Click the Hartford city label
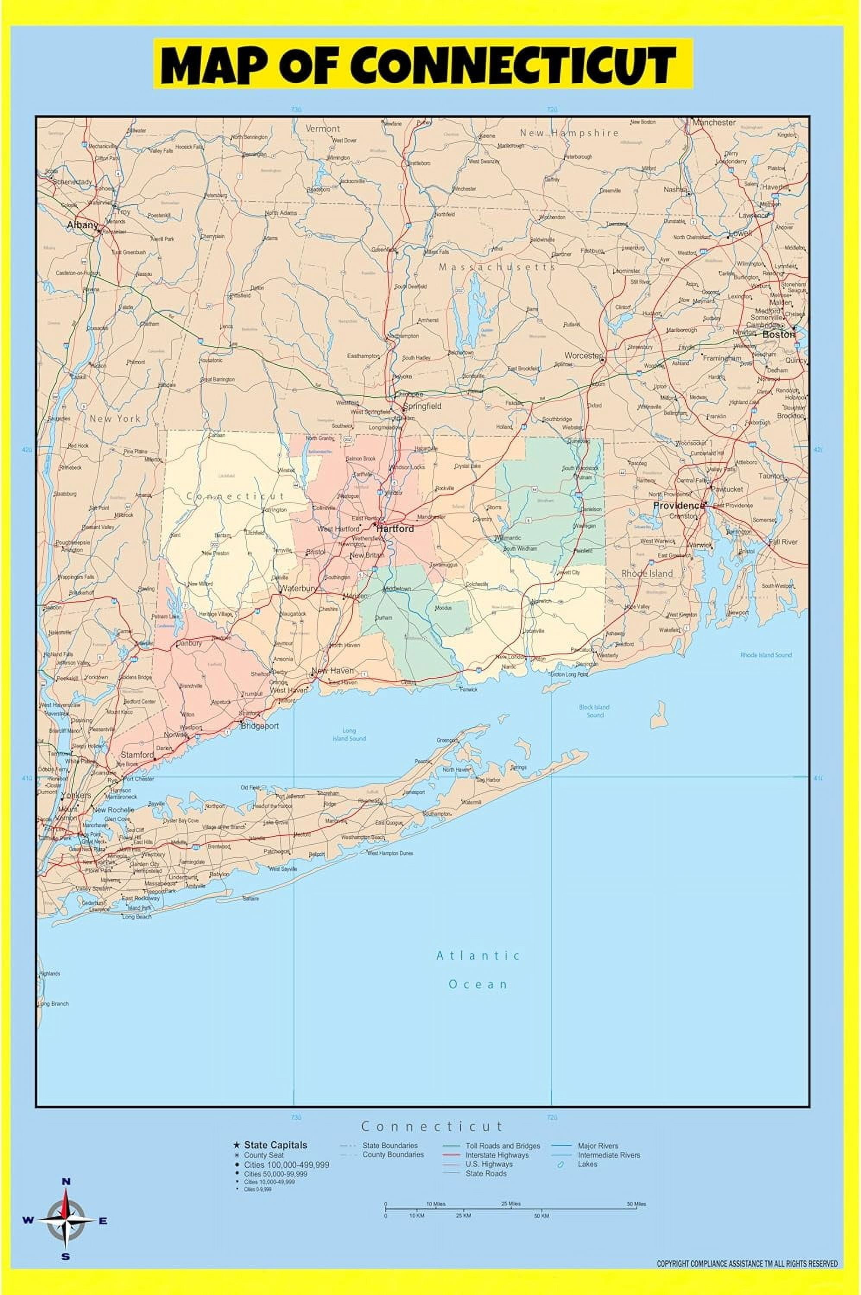click(x=395, y=529)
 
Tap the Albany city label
click(x=82, y=224)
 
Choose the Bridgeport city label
click(x=260, y=726)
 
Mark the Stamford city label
click(x=137, y=755)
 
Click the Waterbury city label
click(x=298, y=588)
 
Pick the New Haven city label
click(x=332, y=671)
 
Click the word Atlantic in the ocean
click(x=478, y=956)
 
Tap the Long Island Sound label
click(x=349, y=735)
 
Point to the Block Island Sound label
click(x=595, y=711)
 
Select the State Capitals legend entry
click(x=275, y=1145)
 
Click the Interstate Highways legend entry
click(x=497, y=1155)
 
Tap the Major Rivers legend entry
click(x=598, y=1146)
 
